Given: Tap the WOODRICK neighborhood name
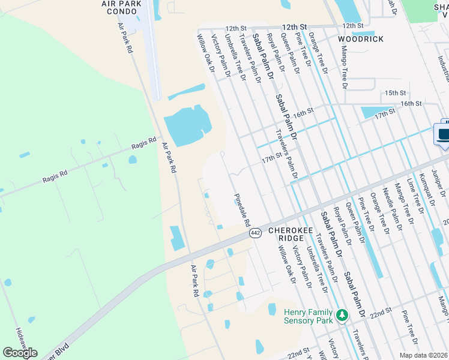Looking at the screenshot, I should pos(360,38).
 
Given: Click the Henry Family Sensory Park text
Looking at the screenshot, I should pos(309,316).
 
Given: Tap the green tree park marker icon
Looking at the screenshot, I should pos(342,315).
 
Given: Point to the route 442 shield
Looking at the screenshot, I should pos(256,233).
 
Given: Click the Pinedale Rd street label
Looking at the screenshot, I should pos(243,209).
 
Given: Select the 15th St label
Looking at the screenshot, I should pos(396,93).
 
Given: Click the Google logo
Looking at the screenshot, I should pos(20,353).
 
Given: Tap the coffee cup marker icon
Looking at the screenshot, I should pos(444,134).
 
